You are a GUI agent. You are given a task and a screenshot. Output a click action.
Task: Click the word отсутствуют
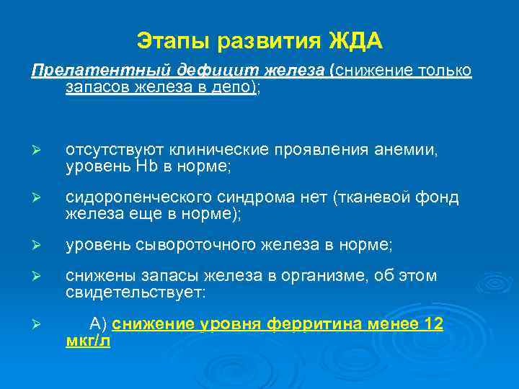[115, 150]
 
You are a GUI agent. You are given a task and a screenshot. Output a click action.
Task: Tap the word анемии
[411, 150]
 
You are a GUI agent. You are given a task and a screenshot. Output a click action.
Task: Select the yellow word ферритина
[302, 324]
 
